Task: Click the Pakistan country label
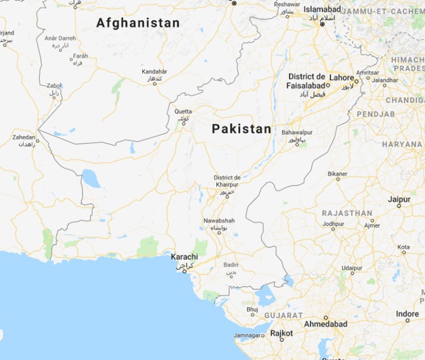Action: [x=241, y=128]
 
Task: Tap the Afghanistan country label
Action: [x=138, y=23]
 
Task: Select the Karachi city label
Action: [x=184, y=257]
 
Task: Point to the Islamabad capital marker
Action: [x=321, y=17]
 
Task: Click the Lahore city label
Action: [x=341, y=78]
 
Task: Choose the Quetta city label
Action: [x=183, y=111]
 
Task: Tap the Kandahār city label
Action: [x=154, y=71]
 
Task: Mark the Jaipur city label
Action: [x=399, y=199]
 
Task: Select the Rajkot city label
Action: [x=282, y=333]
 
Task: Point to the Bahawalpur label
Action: [x=297, y=131]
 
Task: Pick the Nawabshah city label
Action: [x=219, y=220]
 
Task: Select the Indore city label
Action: [x=408, y=313]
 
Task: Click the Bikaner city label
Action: [x=337, y=174]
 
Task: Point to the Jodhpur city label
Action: [x=333, y=224]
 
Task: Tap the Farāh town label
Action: [x=81, y=56]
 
